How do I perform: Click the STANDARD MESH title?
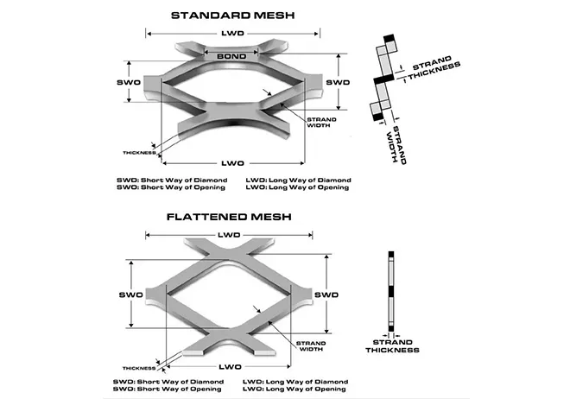tap(231, 15)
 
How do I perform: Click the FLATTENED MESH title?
tap(231, 216)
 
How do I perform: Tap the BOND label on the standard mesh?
tap(231, 56)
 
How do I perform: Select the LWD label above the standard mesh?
tap(231, 33)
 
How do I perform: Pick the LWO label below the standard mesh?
tap(231, 161)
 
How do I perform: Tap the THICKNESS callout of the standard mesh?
tap(138, 153)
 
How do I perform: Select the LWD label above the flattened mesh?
tap(229, 235)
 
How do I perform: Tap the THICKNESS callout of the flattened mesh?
tap(139, 368)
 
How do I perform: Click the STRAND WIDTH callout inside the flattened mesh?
tap(311, 346)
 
